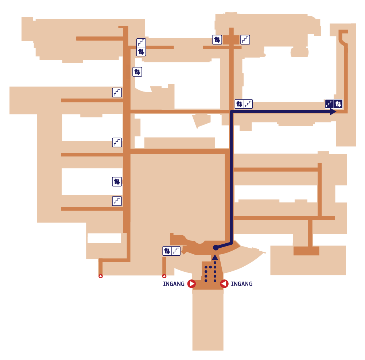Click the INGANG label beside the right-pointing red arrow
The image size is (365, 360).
[174, 284]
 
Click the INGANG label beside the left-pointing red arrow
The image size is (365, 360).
[242, 284]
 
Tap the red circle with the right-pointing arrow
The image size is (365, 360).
[191, 284]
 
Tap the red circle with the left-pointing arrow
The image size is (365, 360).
[224, 284]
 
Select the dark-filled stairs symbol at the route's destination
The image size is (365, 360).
[329, 104]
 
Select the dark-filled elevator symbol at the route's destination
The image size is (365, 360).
[338, 104]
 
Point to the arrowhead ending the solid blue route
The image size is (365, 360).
[333, 112]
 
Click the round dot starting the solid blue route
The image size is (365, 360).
[216, 248]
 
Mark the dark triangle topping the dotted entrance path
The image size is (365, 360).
[215, 257]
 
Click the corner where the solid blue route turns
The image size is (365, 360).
[232, 112]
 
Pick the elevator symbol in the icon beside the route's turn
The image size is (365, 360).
[239, 104]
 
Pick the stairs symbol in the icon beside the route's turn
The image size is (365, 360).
[248, 104]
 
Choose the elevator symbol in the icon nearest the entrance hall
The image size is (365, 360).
[167, 251]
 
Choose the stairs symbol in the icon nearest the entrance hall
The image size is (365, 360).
[176, 251]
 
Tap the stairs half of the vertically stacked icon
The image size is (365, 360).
[141, 43]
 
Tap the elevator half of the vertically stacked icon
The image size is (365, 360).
[141, 51]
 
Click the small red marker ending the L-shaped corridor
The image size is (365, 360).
[101, 276]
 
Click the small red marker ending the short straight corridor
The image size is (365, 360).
[164, 276]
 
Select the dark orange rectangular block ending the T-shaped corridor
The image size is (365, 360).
[306, 251]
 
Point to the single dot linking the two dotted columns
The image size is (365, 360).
[210, 267]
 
